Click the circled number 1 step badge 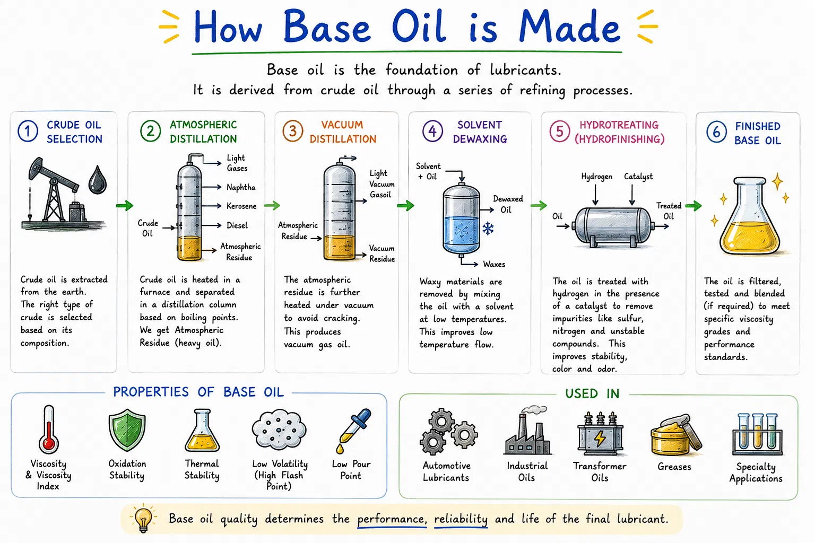(28, 131)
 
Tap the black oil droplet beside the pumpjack (98, 180)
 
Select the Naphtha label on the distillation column (241, 187)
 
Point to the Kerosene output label (241, 206)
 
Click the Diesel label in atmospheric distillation (237, 225)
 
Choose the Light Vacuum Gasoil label (382, 184)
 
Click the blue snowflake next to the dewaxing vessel (488, 229)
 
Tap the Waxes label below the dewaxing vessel (494, 265)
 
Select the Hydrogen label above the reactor (596, 177)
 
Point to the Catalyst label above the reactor (638, 177)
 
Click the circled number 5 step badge (560, 132)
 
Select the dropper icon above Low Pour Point (353, 431)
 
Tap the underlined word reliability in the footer (461, 519)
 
